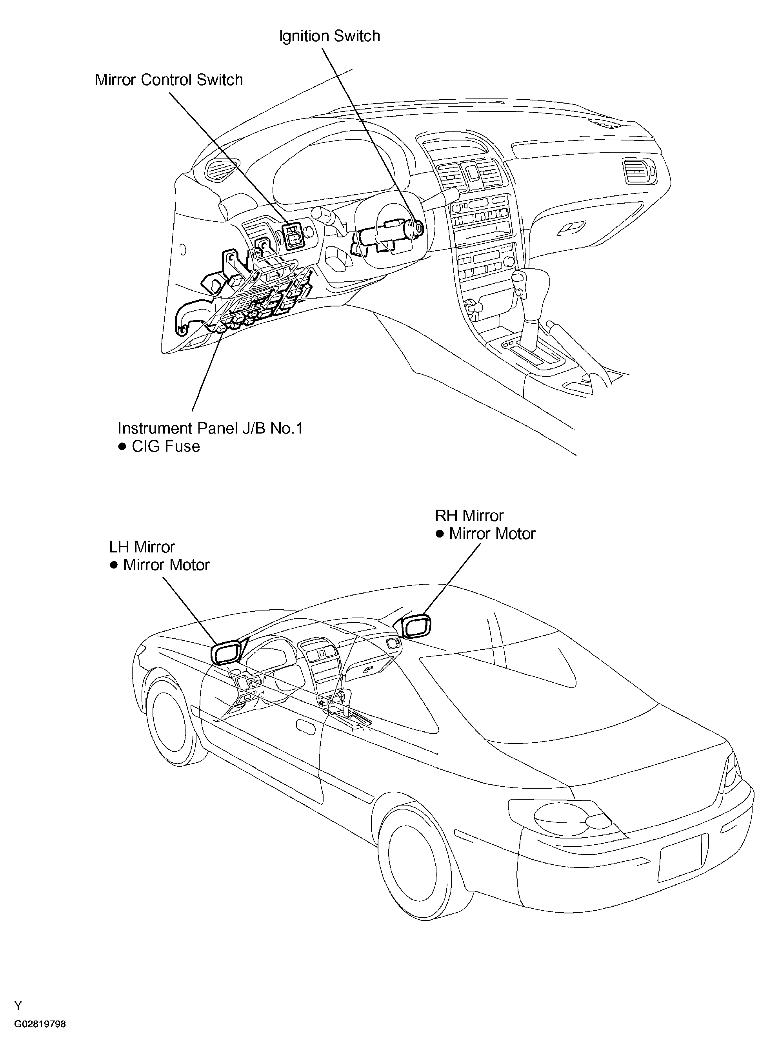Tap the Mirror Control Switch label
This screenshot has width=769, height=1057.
[169, 80]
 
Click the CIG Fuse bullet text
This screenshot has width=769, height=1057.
[165, 446]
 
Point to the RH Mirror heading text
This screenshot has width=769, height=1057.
[469, 516]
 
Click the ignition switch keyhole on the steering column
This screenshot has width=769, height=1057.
[418, 228]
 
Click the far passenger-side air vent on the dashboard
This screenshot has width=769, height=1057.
[638, 170]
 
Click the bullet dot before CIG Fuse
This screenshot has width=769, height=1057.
[122, 446]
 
